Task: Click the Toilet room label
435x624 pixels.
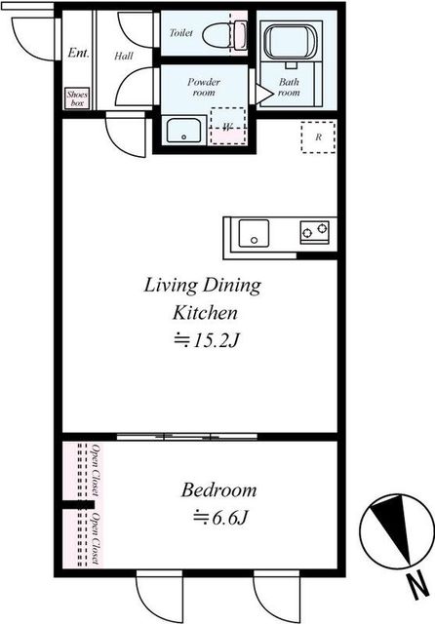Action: [x=181, y=32]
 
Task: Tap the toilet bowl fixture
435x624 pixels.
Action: [x=224, y=35]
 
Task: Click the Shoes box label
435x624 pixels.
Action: [x=77, y=98]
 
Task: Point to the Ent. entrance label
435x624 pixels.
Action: [x=78, y=53]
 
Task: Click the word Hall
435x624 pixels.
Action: [x=124, y=56]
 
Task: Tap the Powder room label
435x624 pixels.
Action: [x=204, y=87]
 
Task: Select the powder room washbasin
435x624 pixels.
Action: [x=183, y=130]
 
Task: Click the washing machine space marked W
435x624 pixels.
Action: [x=228, y=126]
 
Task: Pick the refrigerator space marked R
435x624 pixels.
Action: [x=318, y=137]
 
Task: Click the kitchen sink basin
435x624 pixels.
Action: [x=254, y=233]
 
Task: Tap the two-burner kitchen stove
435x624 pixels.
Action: [x=314, y=232]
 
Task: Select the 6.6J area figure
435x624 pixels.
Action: [x=221, y=518]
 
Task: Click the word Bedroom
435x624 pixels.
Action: [x=218, y=490]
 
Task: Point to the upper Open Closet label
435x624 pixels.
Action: [x=96, y=470]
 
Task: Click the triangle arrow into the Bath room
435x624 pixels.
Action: [x=263, y=94]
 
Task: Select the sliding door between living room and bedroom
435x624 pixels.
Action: [x=187, y=437]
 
